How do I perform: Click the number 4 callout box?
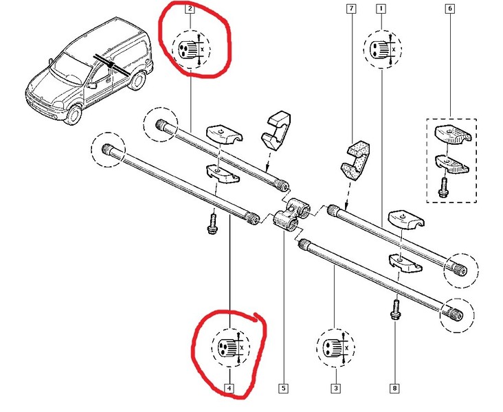[229, 389]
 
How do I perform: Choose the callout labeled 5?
[282, 389]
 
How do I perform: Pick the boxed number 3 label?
[335, 389]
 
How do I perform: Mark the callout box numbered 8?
[394, 389]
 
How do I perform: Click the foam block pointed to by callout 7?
[357, 157]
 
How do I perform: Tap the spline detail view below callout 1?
[382, 49]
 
